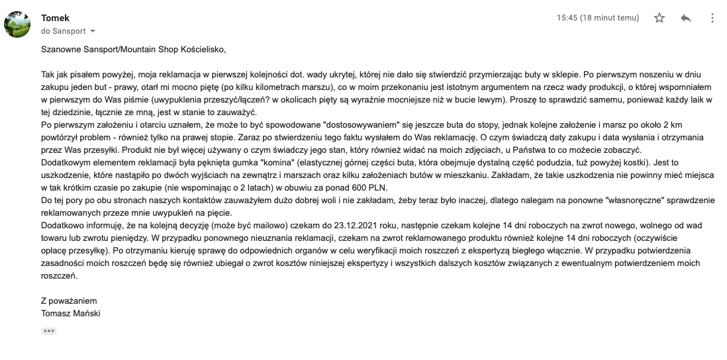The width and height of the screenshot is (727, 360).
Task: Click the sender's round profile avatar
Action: [x=17, y=24]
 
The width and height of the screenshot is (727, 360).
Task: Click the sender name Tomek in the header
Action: [x=55, y=18]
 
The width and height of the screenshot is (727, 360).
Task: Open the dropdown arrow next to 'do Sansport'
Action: [x=93, y=31]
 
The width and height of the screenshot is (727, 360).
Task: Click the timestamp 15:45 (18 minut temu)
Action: [x=598, y=19]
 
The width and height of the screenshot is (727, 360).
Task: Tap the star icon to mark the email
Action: [x=659, y=19]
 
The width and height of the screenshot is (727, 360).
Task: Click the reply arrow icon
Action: [x=686, y=19]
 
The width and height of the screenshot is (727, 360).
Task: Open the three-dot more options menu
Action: [x=711, y=19]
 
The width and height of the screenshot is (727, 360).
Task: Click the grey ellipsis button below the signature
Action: [x=49, y=331]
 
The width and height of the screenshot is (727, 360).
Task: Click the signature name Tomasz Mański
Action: [x=70, y=313]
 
